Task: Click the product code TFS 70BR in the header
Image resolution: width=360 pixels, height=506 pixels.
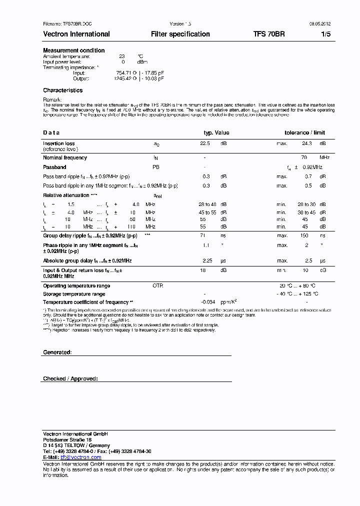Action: (x=269, y=34)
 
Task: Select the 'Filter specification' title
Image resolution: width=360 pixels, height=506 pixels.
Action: (x=180, y=34)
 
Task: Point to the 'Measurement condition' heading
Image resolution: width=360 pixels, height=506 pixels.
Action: (x=74, y=50)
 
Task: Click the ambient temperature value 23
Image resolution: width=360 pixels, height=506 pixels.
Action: (x=121, y=56)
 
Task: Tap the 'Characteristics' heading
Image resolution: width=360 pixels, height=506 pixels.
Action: (x=63, y=90)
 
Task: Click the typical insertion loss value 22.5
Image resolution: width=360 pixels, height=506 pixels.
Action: (x=205, y=143)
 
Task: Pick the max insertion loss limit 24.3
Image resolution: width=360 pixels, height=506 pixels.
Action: (x=307, y=143)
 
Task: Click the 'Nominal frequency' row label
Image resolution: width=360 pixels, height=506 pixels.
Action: (x=65, y=157)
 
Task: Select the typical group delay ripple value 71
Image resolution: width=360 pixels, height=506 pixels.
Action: (x=203, y=235)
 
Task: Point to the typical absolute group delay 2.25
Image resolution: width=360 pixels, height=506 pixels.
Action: (x=207, y=261)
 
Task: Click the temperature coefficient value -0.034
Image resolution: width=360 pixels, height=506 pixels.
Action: (x=207, y=302)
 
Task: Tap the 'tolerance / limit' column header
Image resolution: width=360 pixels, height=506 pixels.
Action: (x=304, y=132)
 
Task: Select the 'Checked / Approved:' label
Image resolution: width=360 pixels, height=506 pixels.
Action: (x=70, y=379)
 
